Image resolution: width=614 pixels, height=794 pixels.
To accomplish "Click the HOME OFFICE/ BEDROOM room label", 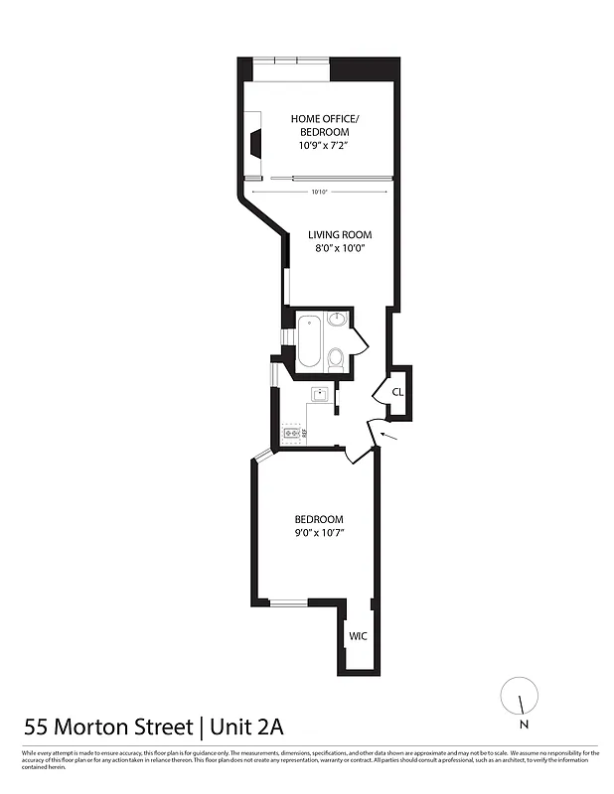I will (x=326, y=126).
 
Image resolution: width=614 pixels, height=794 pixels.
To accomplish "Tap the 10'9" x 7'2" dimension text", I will (x=326, y=146).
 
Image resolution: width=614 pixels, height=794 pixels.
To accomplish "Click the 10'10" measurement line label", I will (x=319, y=191).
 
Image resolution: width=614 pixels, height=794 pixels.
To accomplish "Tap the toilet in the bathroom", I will (x=336, y=357).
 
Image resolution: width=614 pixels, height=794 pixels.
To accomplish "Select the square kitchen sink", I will (x=320, y=394).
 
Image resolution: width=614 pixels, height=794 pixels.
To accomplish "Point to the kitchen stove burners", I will (x=292, y=433).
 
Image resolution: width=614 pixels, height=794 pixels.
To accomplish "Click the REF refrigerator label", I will (x=306, y=433).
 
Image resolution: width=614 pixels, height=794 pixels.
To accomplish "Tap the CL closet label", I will (x=397, y=391).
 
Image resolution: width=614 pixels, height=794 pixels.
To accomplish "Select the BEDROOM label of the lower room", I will (x=319, y=519).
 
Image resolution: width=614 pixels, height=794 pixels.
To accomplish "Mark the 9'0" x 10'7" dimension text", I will (x=319, y=534).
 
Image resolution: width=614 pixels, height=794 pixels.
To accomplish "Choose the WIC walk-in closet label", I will (x=358, y=636).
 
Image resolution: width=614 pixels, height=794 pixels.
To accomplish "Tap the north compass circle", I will (x=517, y=693).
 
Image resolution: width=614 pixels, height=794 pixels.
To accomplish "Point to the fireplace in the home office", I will (x=255, y=145).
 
